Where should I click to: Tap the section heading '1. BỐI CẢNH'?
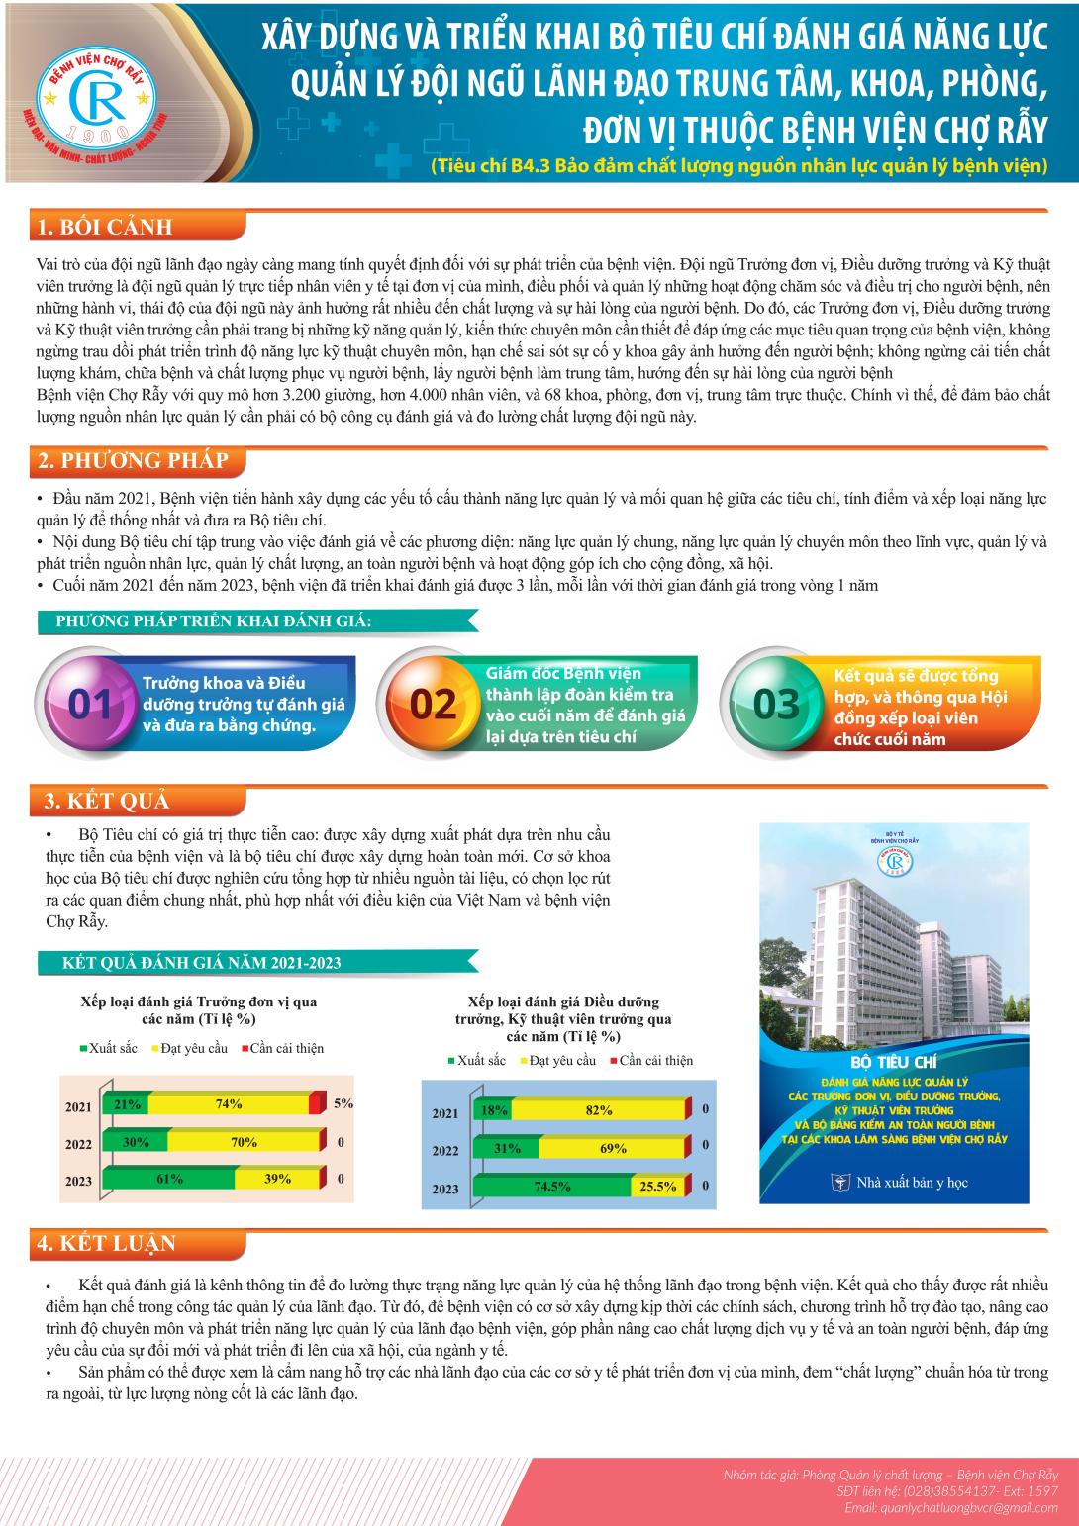(x=104, y=227)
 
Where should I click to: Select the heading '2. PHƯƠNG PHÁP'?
(x=132, y=461)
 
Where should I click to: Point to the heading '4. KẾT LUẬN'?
(x=106, y=1244)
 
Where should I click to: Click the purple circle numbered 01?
(x=89, y=704)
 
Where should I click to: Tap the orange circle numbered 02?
(x=433, y=704)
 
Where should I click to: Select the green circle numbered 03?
(x=775, y=704)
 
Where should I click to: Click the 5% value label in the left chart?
(x=343, y=1103)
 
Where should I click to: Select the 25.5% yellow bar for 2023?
(x=658, y=1186)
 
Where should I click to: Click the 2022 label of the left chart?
(x=78, y=1144)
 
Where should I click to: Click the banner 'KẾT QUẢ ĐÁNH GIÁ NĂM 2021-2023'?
(x=203, y=962)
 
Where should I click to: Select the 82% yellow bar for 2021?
(x=599, y=1110)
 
